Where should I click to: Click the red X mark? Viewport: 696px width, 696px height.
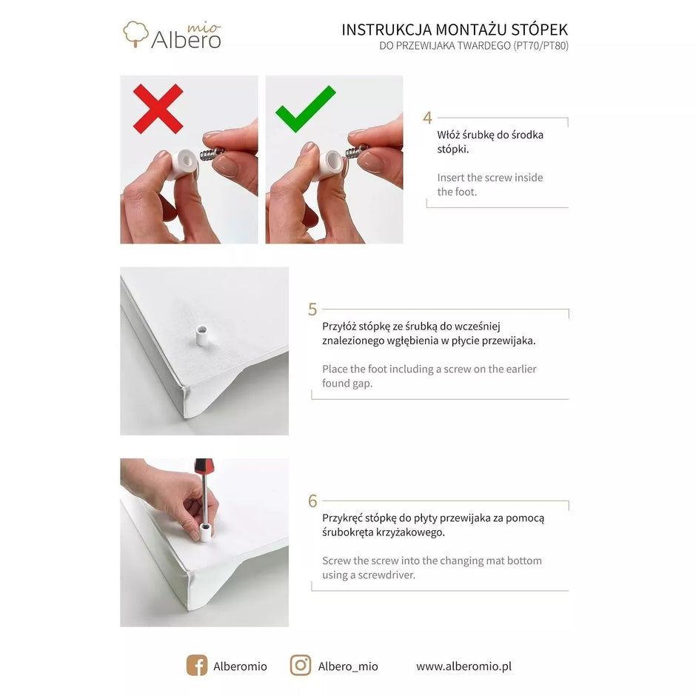[158, 109]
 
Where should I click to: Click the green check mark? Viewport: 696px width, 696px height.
[305, 109]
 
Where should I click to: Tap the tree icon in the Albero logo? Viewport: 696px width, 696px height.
[135, 34]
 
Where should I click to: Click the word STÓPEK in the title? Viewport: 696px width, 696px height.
[539, 30]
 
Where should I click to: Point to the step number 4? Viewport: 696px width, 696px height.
[427, 118]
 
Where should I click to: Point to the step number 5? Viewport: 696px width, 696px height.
[312, 309]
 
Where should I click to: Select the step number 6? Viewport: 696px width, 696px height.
[312, 501]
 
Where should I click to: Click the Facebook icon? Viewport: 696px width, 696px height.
[197, 666]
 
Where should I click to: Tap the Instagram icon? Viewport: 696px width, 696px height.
[301, 666]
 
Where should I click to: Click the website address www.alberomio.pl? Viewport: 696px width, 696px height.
[464, 666]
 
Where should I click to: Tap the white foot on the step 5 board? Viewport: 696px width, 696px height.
[201, 336]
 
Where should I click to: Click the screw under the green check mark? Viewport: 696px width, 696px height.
[357, 151]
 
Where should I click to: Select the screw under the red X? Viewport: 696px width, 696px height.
[212, 154]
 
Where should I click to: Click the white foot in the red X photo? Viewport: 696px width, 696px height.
[184, 164]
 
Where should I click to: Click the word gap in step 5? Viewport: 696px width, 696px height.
[362, 384]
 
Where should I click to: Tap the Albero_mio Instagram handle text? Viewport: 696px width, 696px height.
[348, 666]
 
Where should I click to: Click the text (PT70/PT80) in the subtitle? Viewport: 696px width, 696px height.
[541, 46]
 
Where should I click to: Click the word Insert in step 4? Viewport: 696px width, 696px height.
[451, 178]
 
